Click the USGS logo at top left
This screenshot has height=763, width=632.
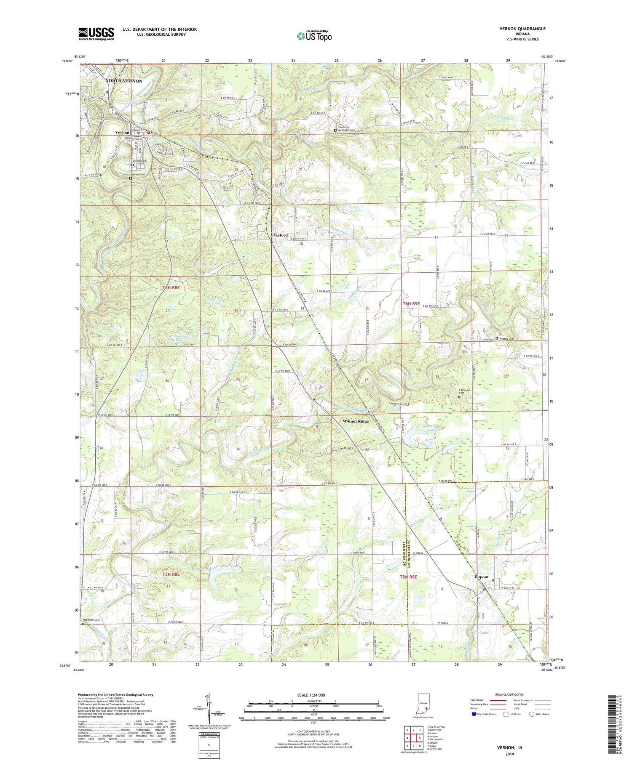pos(96,34)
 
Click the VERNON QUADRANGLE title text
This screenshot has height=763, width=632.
pos(523,29)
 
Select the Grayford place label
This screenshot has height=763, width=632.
pos(279,235)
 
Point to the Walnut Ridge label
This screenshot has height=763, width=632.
pos(355,421)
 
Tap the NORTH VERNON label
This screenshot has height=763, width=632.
pos(123,81)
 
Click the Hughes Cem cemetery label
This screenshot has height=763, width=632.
pos(508,338)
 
